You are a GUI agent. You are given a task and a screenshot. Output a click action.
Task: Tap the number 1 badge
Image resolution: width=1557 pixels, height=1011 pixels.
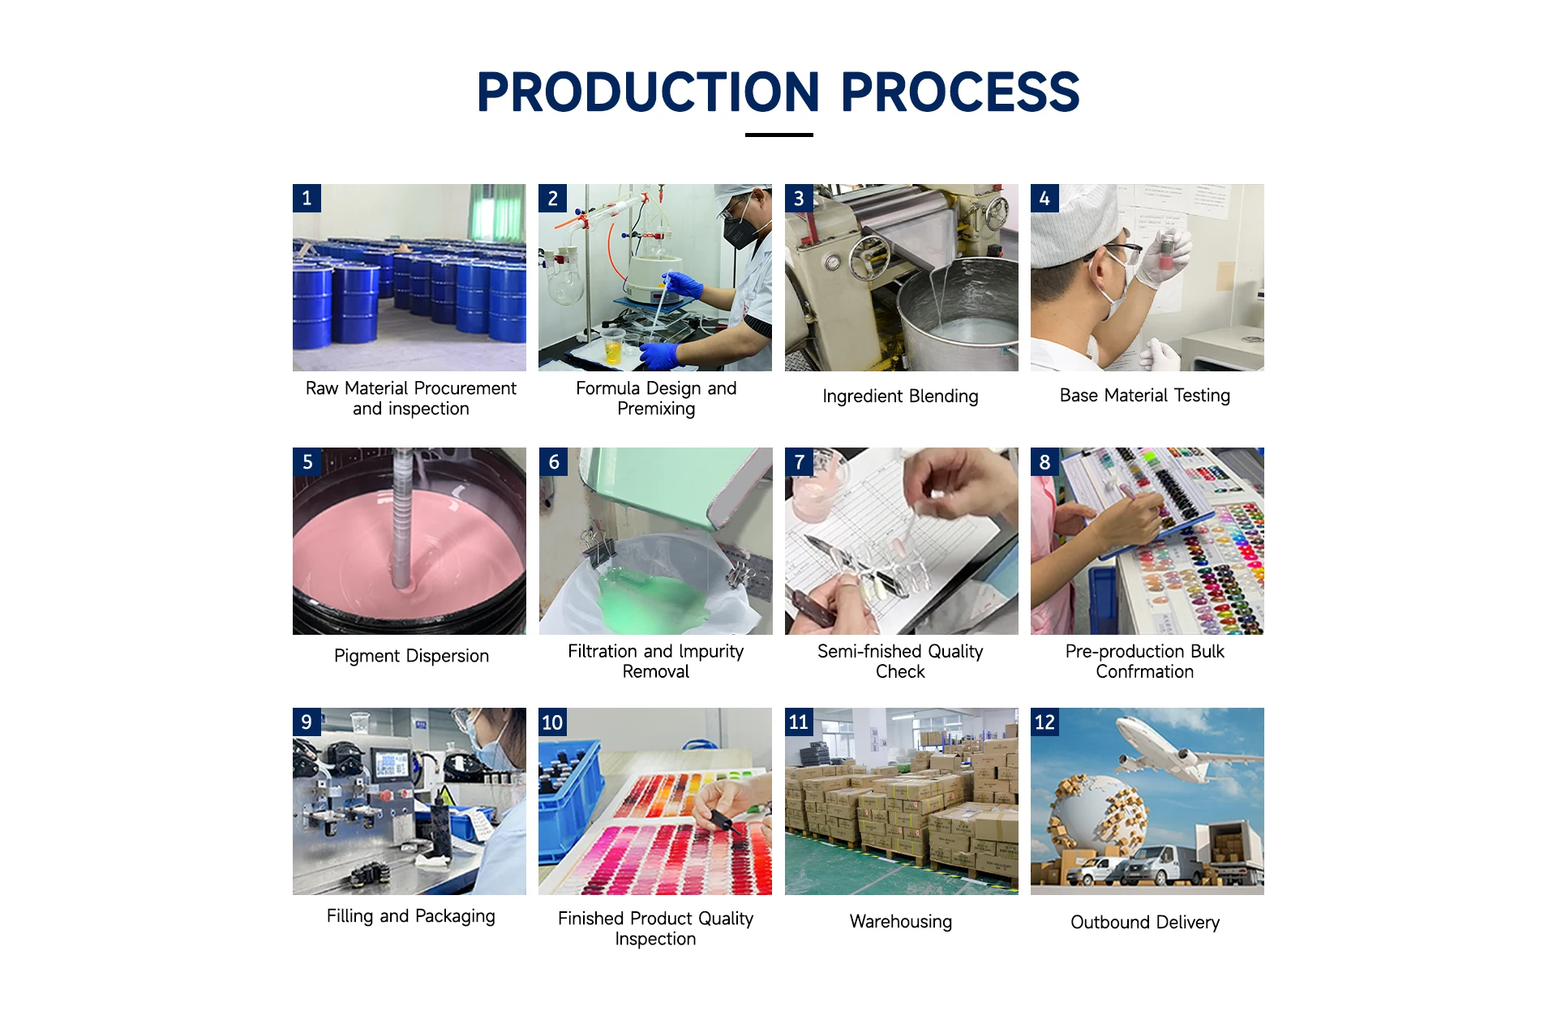(307, 198)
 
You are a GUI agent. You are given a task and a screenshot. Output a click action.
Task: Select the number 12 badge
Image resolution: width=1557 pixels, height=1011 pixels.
(1044, 722)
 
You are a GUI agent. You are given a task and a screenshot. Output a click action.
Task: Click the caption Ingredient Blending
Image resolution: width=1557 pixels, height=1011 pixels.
(900, 396)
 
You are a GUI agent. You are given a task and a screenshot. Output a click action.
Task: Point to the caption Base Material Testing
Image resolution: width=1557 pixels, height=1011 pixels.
(1145, 396)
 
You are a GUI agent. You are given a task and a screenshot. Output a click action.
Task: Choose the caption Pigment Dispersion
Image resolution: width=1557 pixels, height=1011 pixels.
(411, 656)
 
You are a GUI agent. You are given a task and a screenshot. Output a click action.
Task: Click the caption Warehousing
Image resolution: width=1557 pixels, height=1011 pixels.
(901, 922)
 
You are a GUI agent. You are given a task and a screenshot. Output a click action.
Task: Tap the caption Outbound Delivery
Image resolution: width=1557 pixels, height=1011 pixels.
(1145, 923)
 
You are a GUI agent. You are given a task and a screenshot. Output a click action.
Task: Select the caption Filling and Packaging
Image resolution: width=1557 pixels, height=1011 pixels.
(411, 916)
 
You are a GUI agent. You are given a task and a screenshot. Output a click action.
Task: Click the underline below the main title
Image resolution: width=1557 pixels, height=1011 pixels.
(778, 135)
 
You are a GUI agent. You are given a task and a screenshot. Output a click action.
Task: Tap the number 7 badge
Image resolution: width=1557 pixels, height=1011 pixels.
(799, 462)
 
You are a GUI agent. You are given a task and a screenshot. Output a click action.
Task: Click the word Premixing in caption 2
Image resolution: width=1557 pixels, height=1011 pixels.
(656, 409)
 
